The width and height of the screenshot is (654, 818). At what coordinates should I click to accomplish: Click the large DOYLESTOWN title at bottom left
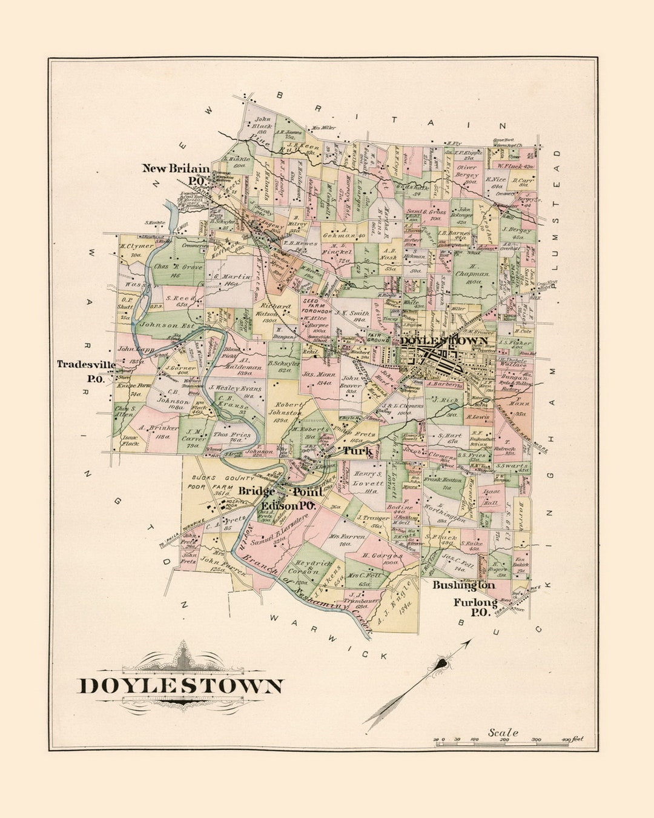[180, 686]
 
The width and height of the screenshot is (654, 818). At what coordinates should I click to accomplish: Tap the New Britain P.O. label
[176, 174]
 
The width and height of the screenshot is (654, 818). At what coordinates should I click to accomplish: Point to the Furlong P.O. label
[475, 607]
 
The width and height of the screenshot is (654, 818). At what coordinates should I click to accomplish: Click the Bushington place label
[463, 585]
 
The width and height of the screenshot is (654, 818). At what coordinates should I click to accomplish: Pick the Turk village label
[357, 451]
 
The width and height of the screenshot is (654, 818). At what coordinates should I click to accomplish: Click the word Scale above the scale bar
[503, 733]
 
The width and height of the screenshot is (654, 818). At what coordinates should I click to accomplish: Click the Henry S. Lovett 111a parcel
[368, 482]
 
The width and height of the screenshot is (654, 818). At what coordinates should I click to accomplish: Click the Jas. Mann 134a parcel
[317, 378]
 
